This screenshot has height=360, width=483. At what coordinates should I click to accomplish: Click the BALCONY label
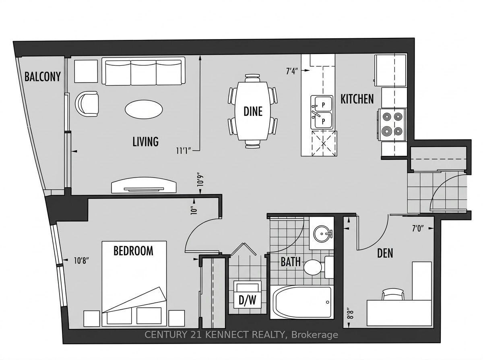click(43, 77)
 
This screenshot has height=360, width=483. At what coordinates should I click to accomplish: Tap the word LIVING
click(145, 141)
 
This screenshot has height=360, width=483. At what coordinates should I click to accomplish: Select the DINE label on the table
click(253, 112)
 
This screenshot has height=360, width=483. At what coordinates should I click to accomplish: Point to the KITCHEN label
click(357, 99)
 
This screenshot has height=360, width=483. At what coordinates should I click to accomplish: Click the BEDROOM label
click(133, 251)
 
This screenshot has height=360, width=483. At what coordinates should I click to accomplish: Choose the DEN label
click(385, 253)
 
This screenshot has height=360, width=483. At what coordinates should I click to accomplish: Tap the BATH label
click(291, 262)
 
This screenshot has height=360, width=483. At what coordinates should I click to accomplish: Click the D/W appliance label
click(247, 300)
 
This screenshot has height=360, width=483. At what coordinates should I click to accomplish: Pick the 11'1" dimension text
click(184, 151)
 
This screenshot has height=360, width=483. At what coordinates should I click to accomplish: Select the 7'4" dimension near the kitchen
click(292, 71)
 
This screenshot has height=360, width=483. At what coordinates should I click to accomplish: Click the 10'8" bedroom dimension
click(82, 261)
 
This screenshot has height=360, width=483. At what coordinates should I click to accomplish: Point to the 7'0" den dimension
click(418, 228)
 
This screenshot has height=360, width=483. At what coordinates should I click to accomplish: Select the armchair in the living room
click(87, 104)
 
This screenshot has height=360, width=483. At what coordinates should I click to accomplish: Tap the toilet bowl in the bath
click(313, 267)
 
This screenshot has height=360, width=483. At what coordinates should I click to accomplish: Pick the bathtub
click(301, 302)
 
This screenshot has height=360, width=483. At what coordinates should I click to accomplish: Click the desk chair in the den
click(393, 294)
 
